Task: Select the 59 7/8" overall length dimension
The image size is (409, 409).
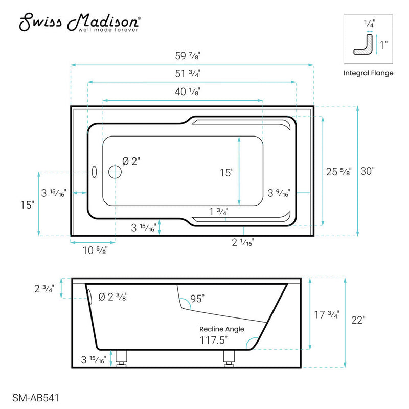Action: point(192,57)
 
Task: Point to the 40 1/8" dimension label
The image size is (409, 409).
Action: point(187,92)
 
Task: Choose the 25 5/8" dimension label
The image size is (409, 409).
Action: point(339,172)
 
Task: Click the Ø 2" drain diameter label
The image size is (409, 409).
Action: point(131,161)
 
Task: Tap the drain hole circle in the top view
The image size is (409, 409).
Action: point(115,172)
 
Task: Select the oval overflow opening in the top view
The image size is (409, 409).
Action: point(94,172)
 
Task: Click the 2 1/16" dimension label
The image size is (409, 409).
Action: point(242,243)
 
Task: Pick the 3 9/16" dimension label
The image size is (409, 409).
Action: point(279,193)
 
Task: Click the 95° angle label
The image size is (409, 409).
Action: point(197,298)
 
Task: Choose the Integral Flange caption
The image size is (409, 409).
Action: point(368,73)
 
